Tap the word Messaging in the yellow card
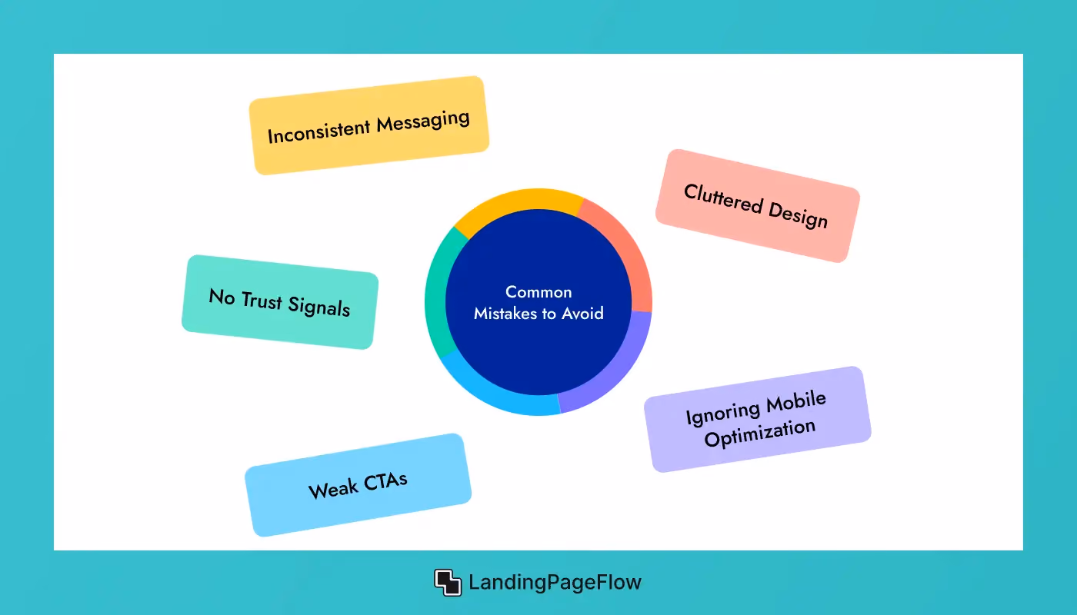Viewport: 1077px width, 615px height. pyautogui.click(x=423, y=121)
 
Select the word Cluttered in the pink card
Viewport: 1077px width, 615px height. pyautogui.click(x=723, y=198)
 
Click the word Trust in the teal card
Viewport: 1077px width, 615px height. pyautogui.click(x=262, y=301)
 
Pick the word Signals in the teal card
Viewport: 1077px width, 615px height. pyautogui.click(x=318, y=307)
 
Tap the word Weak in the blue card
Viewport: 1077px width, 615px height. pyautogui.click(x=333, y=489)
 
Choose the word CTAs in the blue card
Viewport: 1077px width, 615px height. pyautogui.click(x=385, y=481)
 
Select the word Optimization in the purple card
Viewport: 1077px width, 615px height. pyautogui.click(x=760, y=433)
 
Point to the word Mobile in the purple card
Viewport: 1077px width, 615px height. pyautogui.click(x=795, y=401)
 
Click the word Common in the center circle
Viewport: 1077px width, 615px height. pyautogui.click(x=538, y=292)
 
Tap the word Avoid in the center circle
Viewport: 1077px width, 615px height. pyautogui.click(x=583, y=314)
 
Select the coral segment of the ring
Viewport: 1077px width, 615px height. pyautogui.click(x=625, y=248)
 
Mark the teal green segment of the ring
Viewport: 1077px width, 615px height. pyautogui.click(x=437, y=293)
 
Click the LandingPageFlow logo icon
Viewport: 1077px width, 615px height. pyautogui.click(x=448, y=583)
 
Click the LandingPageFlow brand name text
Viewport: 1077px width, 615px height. pyautogui.click(x=555, y=583)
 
